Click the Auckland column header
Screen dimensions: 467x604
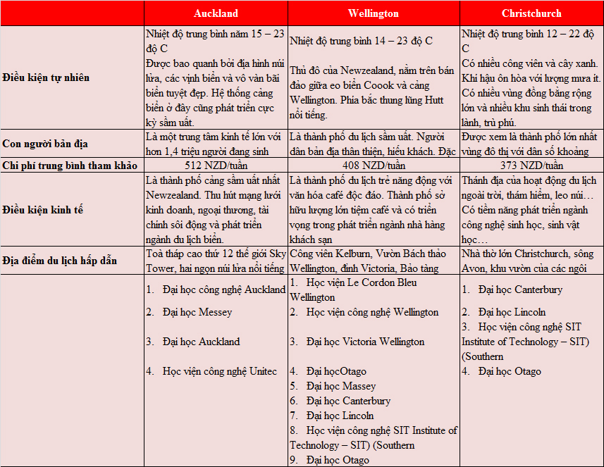[x=216, y=13]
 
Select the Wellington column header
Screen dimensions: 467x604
[x=373, y=13]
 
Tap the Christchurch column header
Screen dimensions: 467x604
[x=531, y=13]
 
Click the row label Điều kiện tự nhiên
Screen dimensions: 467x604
[x=46, y=77]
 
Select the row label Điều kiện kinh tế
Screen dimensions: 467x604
[x=40, y=210]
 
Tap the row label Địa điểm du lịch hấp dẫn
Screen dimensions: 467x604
[x=60, y=261]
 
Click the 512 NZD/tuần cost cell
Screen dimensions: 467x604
[x=216, y=166]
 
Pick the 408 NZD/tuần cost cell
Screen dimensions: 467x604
[x=373, y=166]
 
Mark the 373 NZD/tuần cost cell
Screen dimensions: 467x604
[x=531, y=166]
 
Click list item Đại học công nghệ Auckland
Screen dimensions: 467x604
[x=223, y=289]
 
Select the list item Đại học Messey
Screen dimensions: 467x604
[x=197, y=312]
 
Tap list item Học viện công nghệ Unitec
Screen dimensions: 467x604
[x=219, y=371]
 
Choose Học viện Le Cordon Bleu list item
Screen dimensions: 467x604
[x=361, y=282]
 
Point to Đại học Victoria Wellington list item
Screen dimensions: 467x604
[x=365, y=342]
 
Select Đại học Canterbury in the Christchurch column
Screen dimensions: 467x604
[x=519, y=289]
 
